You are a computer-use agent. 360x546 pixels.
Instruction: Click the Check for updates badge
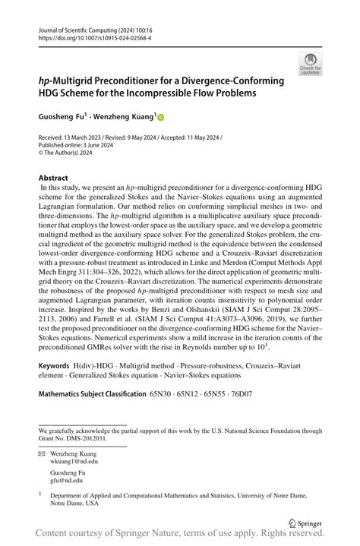tap(311, 65)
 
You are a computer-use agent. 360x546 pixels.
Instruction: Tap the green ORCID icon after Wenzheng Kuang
tap(161, 118)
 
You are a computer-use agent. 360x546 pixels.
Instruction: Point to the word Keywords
tap(59, 365)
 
